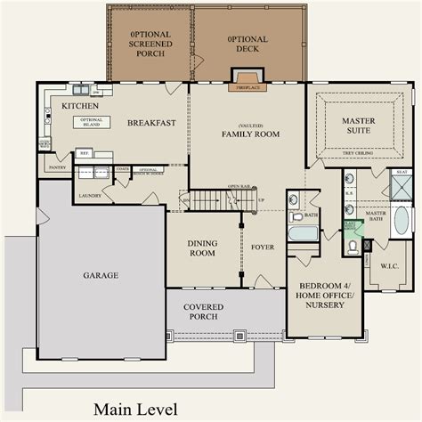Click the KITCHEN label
pyautogui.click(x=80, y=106)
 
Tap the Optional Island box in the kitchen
pyautogui.click(x=92, y=122)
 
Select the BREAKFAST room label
pyautogui.click(x=150, y=123)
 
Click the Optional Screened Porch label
pyautogui.click(x=149, y=44)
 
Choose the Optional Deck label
pyautogui.click(x=248, y=44)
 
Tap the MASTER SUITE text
pyautogui.click(x=359, y=126)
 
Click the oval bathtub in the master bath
pyautogui.click(x=402, y=220)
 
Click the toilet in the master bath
pyautogui.click(x=353, y=248)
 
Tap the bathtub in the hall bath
pyautogui.click(x=303, y=233)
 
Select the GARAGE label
pyautogui.click(x=101, y=275)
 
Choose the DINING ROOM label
pyautogui.click(x=203, y=248)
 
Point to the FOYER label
pyautogui.click(x=263, y=247)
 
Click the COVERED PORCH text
pyautogui.click(x=204, y=312)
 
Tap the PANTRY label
pyautogui.click(x=57, y=166)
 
